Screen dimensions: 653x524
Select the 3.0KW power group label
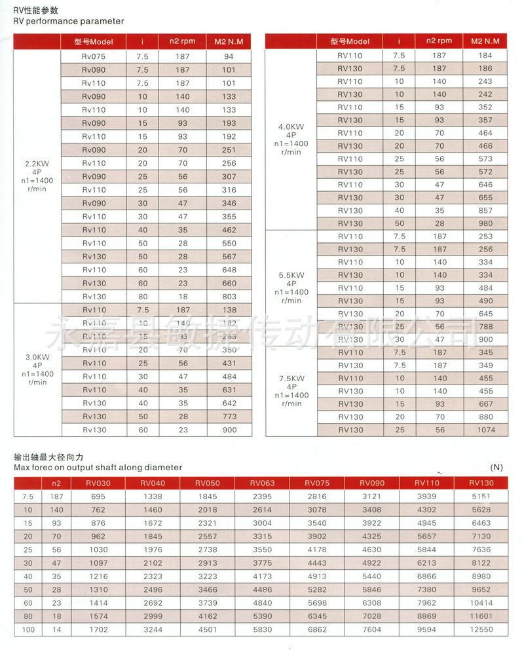pos(37,369)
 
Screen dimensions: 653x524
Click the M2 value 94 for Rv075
pos(229,56)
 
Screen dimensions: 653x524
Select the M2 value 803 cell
pos(229,297)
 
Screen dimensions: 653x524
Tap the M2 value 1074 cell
pos(486,430)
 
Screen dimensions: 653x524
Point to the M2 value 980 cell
pos(486,223)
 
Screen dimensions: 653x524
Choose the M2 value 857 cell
pos(486,210)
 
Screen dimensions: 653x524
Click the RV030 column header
pos(98,483)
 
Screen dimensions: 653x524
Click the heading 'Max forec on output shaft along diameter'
pos(98,468)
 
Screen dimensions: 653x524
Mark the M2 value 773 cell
pos(229,417)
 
